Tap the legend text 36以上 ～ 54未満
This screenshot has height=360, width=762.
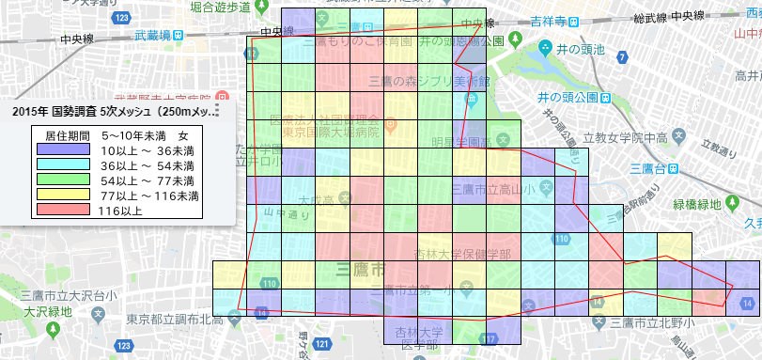pyautogui.click(x=145, y=164)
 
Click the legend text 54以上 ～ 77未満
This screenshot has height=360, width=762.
pyautogui.click(x=145, y=180)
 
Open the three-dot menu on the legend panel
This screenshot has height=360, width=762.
pyautogui.click(x=217, y=111)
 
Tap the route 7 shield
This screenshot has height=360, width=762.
pyautogui.click(x=622, y=58)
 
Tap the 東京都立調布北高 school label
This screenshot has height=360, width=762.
pyautogui.click(x=178, y=320)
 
